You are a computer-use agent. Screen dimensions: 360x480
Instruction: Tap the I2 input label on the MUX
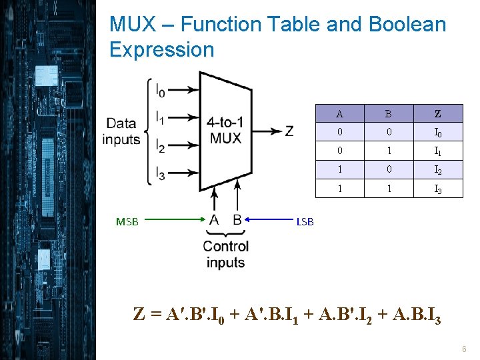pos(160,145)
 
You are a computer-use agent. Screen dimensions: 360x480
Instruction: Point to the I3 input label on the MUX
pos(160,173)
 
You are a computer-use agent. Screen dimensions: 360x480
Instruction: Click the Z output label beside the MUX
pos(289,131)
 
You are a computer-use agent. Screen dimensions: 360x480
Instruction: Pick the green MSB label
pos(127,222)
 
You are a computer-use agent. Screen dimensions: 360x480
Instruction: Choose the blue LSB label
pos(305,222)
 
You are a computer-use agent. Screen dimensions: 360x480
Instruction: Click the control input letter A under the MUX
pos(214,219)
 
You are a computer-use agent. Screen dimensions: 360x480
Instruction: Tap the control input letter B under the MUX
pos(237,219)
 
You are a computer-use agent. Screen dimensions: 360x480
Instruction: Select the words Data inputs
pos(121,131)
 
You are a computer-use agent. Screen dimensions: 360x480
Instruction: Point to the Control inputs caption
pos(226,254)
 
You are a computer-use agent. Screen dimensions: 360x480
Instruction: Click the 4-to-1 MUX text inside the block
pos(225,131)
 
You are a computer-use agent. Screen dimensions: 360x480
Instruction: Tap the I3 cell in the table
pos(438,189)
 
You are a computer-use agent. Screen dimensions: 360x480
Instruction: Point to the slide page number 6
pos(463,349)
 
